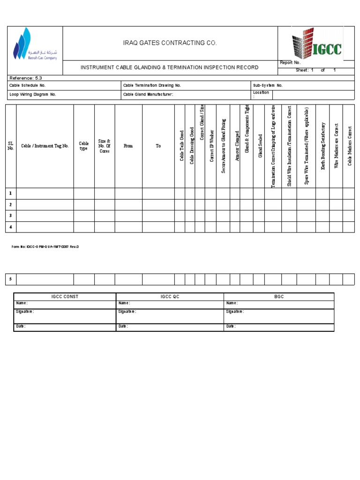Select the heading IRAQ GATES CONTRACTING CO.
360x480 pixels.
[x=170, y=43]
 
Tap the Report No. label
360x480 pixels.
[x=290, y=63]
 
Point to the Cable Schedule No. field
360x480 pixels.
[x=28, y=86]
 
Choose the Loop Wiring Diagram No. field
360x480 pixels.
[x=33, y=94]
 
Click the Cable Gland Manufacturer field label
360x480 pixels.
[x=148, y=94]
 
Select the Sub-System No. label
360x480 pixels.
[x=268, y=86]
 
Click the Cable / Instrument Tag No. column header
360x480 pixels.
[x=45, y=146]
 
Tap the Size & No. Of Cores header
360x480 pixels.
[x=104, y=146]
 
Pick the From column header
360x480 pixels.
[x=128, y=146]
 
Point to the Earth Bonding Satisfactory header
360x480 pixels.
[x=322, y=146]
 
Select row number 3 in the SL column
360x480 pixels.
[x=10, y=216]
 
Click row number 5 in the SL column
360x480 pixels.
[x=10, y=279]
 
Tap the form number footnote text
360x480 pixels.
[x=45, y=247]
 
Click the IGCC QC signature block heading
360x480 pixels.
[x=170, y=297]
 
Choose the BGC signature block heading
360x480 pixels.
[x=279, y=297]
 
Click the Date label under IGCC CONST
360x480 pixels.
[x=21, y=326]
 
